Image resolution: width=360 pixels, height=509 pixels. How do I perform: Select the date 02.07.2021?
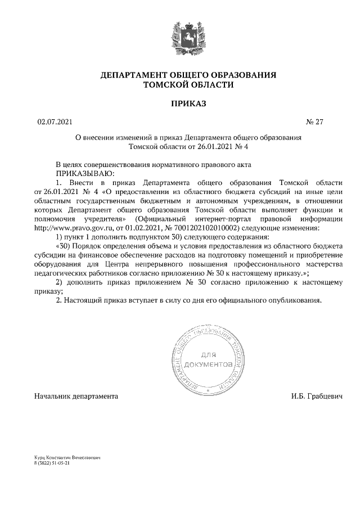point(55,121)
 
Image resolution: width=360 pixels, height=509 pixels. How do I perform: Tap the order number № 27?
point(314,121)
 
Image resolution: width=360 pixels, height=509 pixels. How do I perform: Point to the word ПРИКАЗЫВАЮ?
point(85,174)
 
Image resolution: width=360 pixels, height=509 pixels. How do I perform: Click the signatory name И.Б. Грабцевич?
point(317,397)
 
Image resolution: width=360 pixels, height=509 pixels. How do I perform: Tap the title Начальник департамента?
point(76,397)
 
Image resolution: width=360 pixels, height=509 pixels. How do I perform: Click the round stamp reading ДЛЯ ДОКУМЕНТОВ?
point(209,359)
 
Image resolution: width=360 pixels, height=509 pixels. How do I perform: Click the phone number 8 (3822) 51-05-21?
point(52,463)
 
